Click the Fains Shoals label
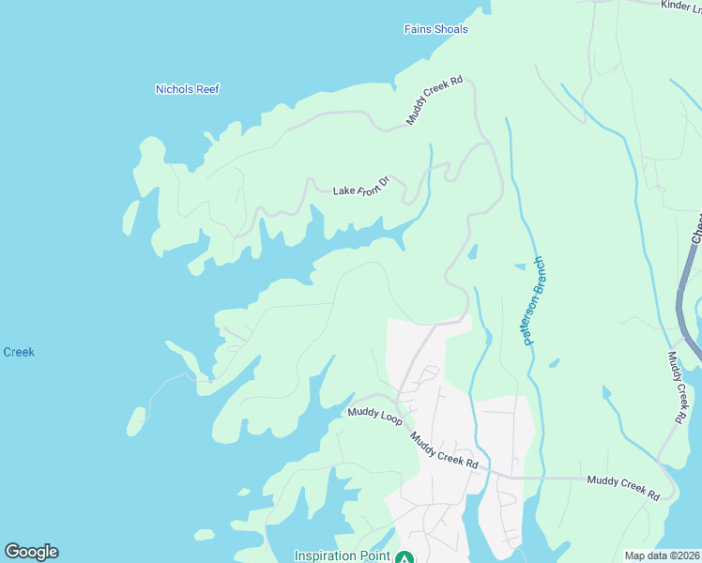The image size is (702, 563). (x=435, y=29)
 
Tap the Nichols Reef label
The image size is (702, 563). (x=187, y=89)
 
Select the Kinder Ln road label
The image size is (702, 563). (x=680, y=6)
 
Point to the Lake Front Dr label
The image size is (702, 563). (x=361, y=185)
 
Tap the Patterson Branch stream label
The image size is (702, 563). (x=534, y=301)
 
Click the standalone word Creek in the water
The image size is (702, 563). (x=18, y=352)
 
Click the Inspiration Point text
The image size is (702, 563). (x=343, y=555)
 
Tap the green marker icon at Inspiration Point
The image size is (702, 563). (x=404, y=557)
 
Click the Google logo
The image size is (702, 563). (x=31, y=552)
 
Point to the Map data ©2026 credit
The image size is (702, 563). (x=662, y=555)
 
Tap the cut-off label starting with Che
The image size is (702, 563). (x=696, y=228)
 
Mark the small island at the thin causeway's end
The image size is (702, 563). (x=137, y=420)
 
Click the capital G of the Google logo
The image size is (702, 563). (x=12, y=552)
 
